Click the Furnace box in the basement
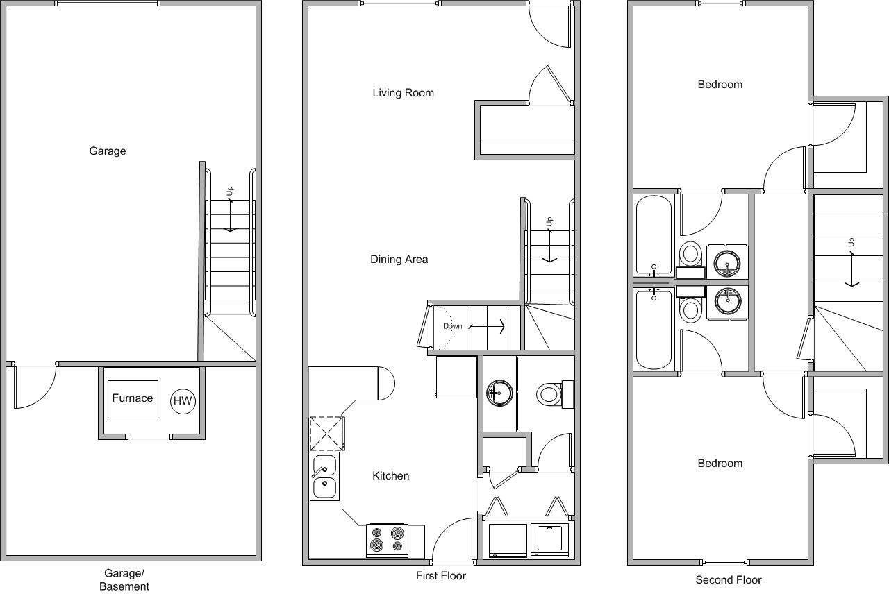pyautogui.click(x=133, y=399)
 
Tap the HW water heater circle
pyautogui.click(x=183, y=401)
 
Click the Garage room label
pyautogui.click(x=108, y=151)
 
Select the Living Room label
pyautogui.click(x=403, y=93)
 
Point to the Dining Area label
pyautogui.click(x=399, y=260)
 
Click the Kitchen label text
pyautogui.click(x=391, y=476)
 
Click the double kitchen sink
pyautogui.click(x=324, y=477)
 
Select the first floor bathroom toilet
pyautogui.click(x=551, y=395)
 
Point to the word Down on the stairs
pyautogui.click(x=453, y=326)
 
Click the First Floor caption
pyautogui.click(x=441, y=576)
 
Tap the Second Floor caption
pyautogui.click(x=729, y=580)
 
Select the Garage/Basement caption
pyautogui.click(x=124, y=579)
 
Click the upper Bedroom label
pyautogui.click(x=720, y=85)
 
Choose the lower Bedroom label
pyautogui.click(x=720, y=464)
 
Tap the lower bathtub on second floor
pyautogui.click(x=654, y=330)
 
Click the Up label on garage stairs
pyautogui.click(x=230, y=190)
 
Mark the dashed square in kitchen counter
pyautogui.click(x=326, y=433)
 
